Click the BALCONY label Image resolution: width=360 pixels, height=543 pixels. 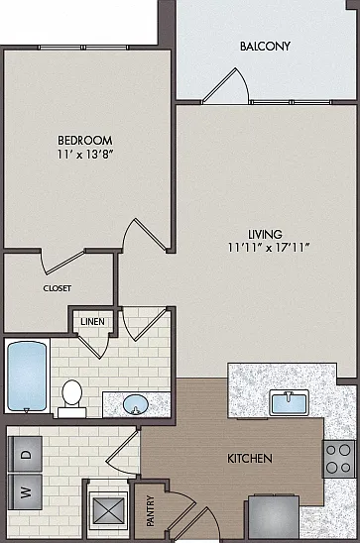(265, 46)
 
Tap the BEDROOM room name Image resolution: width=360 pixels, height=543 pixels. (85, 141)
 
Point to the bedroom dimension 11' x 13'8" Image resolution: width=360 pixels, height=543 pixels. (85, 155)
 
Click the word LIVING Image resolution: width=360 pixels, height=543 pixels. (265, 235)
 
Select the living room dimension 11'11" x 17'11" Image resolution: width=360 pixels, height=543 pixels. (269, 248)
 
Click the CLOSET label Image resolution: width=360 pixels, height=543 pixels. (58, 288)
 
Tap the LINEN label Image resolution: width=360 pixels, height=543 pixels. (92, 322)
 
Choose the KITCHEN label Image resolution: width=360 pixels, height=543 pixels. (250, 459)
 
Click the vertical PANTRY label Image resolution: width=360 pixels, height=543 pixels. (151, 511)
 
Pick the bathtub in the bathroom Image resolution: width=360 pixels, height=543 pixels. (27, 377)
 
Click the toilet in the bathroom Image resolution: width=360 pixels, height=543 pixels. (72, 398)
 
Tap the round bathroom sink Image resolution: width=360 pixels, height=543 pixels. (136, 404)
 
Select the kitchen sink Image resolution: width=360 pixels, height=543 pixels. (289, 402)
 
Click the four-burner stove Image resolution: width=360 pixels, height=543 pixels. (339, 459)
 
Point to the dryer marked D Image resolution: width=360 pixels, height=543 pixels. (25, 454)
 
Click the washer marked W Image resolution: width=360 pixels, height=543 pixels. (25, 491)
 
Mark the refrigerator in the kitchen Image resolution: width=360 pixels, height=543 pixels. (274, 517)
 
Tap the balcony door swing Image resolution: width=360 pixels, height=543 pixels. (226, 86)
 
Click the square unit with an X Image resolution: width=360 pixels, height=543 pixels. (109, 510)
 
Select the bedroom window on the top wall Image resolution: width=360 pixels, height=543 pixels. (83, 48)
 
